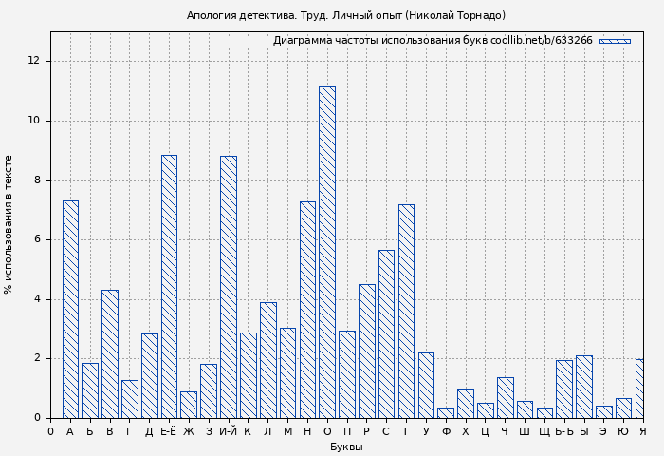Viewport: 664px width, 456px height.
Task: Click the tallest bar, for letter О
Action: [326, 252]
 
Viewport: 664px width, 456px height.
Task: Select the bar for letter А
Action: [70, 309]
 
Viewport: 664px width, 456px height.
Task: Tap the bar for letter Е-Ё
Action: [169, 286]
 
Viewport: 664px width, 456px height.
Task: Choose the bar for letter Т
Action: [406, 311]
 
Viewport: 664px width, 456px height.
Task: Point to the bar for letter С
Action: [386, 333]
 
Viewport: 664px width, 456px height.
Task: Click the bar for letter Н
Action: [307, 309]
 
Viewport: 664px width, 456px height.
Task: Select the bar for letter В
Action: [109, 353]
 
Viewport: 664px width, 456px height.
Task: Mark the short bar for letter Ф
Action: [446, 412]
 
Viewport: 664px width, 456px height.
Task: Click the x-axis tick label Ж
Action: [189, 432]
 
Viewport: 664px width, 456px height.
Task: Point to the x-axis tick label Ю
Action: [623, 432]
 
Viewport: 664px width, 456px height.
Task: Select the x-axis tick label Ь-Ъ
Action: [564, 432]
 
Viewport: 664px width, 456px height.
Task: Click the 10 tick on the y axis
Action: [34, 121]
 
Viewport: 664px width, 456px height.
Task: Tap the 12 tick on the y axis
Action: [34, 61]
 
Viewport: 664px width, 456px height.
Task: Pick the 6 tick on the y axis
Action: [37, 239]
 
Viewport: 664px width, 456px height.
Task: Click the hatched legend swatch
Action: [615, 41]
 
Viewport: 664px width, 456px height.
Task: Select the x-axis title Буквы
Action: [346, 446]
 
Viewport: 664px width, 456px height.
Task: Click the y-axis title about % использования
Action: [9, 223]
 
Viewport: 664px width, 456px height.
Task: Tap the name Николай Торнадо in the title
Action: [456, 15]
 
